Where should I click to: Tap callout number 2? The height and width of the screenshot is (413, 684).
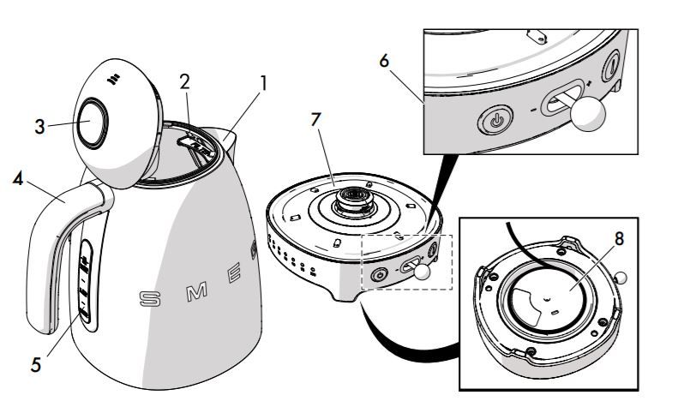point(184,82)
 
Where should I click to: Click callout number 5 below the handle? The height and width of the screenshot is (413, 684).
point(35,364)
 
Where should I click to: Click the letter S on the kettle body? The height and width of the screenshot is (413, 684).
point(149,299)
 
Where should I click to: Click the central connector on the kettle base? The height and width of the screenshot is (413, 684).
point(351,200)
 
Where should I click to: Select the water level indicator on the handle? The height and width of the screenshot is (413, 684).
point(84,279)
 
